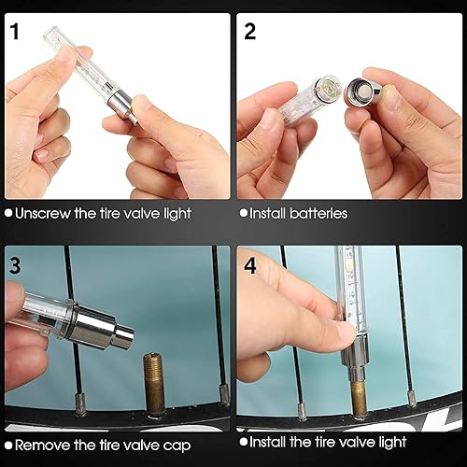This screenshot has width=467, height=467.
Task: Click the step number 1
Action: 15,31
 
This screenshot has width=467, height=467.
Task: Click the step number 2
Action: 250,31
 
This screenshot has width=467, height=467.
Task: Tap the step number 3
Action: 15,265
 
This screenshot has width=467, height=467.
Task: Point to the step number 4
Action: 250,265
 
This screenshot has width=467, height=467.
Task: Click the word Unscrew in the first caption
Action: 43,214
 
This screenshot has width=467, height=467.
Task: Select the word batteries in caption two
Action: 318,214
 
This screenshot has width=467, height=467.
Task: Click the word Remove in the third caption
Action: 43,446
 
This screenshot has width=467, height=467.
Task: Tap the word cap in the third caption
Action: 177,446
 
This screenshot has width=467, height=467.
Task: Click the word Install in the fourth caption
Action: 267,442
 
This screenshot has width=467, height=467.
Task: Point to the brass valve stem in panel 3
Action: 154,386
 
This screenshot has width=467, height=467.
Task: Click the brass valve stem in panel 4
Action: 359,400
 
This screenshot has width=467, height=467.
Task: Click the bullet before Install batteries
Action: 244,213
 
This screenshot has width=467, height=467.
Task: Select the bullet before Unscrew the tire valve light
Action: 8,213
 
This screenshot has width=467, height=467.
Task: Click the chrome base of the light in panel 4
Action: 356,359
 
